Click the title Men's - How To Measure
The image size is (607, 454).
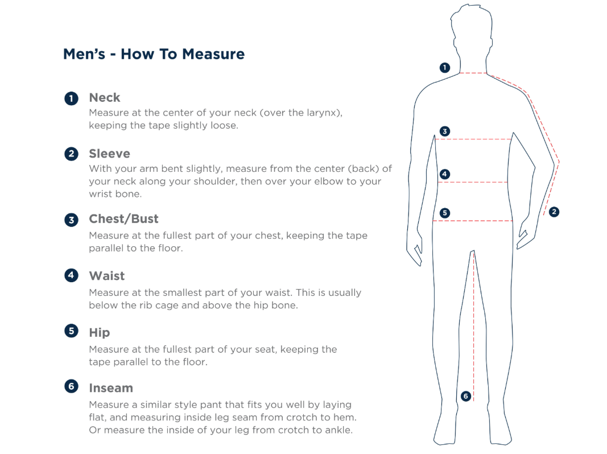tap(154, 54)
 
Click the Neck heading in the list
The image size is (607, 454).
tap(105, 97)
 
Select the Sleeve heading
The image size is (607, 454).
tap(110, 154)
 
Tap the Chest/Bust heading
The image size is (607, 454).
tap(124, 219)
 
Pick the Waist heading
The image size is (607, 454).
tap(107, 276)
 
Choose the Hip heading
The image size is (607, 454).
tap(100, 332)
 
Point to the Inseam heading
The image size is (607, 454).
tap(111, 388)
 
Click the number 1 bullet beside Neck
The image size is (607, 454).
tap(71, 98)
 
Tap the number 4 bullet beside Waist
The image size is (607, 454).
tap(71, 275)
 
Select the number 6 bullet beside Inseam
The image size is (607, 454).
tap(71, 386)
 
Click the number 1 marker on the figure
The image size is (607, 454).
tap(445, 68)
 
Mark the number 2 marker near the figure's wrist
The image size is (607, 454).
tap(554, 212)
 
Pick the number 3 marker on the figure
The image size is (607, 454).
tap(445, 131)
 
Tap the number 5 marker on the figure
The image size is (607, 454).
tap(445, 213)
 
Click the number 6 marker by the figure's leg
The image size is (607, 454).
tap(466, 396)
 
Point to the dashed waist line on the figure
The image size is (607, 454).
tap(473, 182)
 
